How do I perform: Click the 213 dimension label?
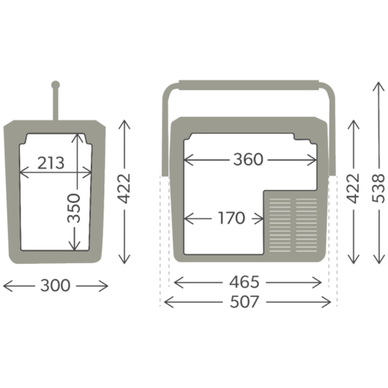click(51, 163)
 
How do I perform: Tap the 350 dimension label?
click(74, 208)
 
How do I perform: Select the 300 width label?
click(56, 285)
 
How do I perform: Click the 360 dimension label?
click(248, 159)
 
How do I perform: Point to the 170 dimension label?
click(232, 218)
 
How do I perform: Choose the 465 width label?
click(244, 282)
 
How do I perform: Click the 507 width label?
click(244, 302)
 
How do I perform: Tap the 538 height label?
click(378, 188)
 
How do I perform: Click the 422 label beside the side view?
click(124, 189)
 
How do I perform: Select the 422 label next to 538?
click(353, 189)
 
